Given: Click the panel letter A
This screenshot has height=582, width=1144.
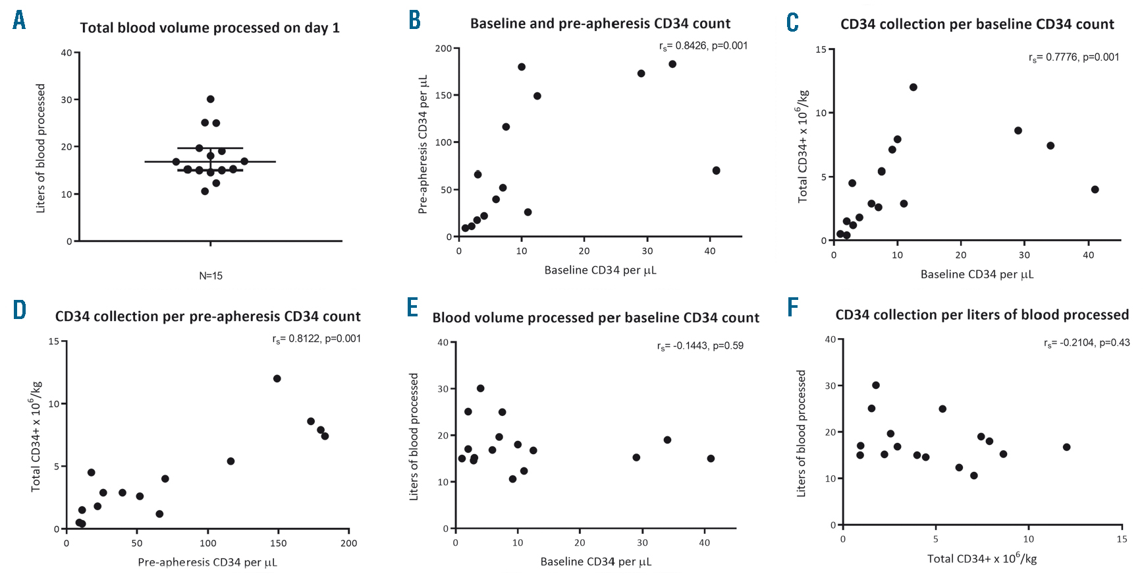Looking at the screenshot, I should [20, 20].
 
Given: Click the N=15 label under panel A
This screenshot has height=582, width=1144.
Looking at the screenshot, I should [211, 276].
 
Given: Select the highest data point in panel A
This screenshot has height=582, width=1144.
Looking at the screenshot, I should [211, 100].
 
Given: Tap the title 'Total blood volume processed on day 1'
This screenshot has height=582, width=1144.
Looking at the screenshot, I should [210, 28].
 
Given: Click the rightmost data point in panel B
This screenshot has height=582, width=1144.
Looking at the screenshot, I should [717, 171].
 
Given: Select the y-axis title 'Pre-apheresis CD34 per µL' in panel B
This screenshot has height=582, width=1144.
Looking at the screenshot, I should [423, 144].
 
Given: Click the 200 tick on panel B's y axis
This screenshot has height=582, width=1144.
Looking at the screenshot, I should [443, 49].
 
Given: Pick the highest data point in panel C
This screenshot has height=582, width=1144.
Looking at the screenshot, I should [913, 88].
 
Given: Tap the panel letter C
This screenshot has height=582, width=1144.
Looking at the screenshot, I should [793, 22].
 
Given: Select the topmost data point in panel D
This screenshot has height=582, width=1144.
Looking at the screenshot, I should [277, 379].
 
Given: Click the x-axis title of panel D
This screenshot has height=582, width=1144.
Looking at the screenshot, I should [207, 562].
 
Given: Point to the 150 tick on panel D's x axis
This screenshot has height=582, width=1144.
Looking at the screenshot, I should [279, 543].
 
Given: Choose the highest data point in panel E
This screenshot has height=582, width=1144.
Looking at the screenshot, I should [481, 389].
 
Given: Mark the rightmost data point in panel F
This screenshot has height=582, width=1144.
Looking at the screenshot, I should [1067, 448].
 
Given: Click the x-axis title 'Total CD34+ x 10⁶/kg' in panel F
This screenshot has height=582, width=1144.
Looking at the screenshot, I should [982, 559].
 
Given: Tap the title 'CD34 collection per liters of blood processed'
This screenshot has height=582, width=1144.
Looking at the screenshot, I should [982, 315].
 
